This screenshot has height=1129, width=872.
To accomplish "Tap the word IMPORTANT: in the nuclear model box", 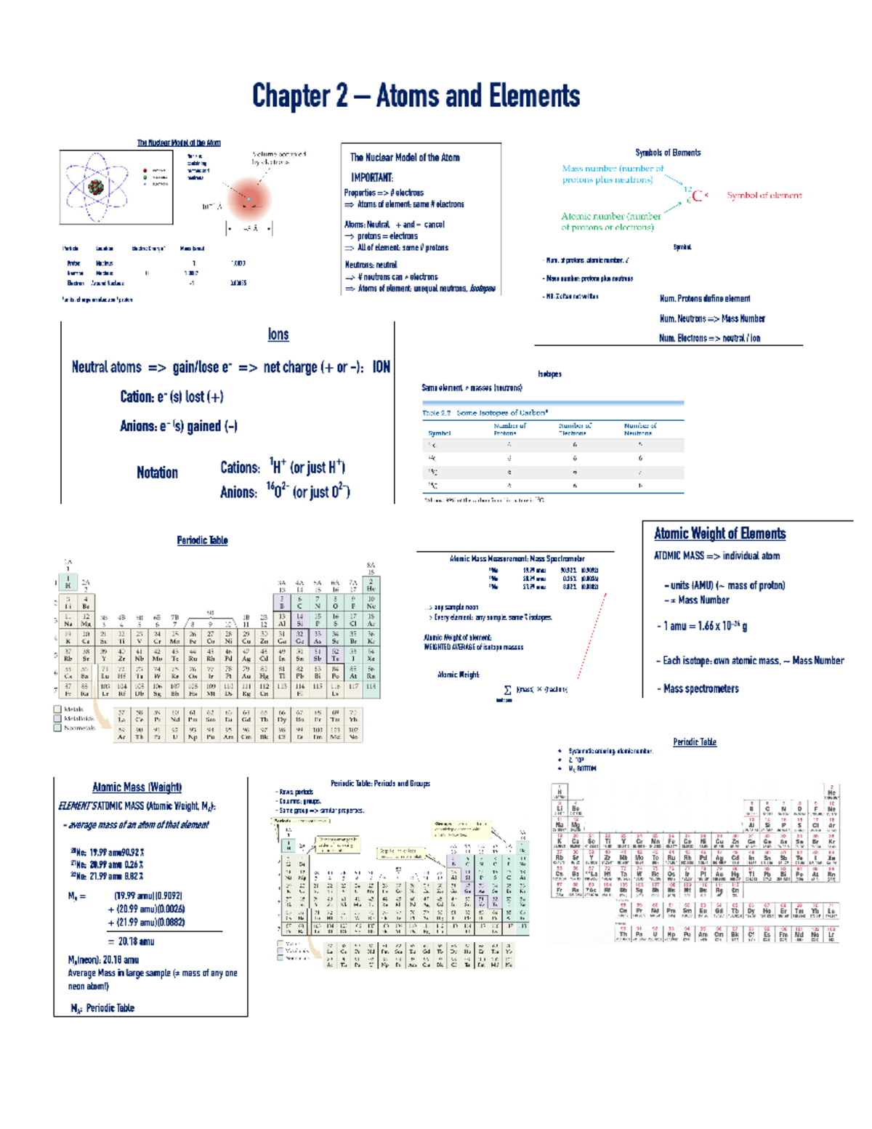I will coord(371,177).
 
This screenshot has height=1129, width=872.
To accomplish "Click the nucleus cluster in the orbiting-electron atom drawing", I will coord(96,187).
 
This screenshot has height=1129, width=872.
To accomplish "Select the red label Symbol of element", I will coord(764,196).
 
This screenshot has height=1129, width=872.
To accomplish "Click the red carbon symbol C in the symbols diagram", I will coord(697,196).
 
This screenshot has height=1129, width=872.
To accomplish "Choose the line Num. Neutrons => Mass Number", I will coord(711,318).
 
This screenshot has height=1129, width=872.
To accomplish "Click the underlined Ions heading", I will coord(278,334).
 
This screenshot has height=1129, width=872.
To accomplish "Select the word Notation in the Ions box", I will coord(157,473).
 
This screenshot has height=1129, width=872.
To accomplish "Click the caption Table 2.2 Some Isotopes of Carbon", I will coord(484,412).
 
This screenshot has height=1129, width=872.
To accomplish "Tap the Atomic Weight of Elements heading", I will coord(719,534).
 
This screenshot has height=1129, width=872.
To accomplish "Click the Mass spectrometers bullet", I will coord(701,688).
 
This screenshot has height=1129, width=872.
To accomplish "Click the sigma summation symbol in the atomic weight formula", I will coord(507,690).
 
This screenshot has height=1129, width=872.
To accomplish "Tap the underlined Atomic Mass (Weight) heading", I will coord(137,787).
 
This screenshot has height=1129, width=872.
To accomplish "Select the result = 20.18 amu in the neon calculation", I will coord(131,941).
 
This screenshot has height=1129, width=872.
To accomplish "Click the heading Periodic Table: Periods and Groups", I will coord(380,784).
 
